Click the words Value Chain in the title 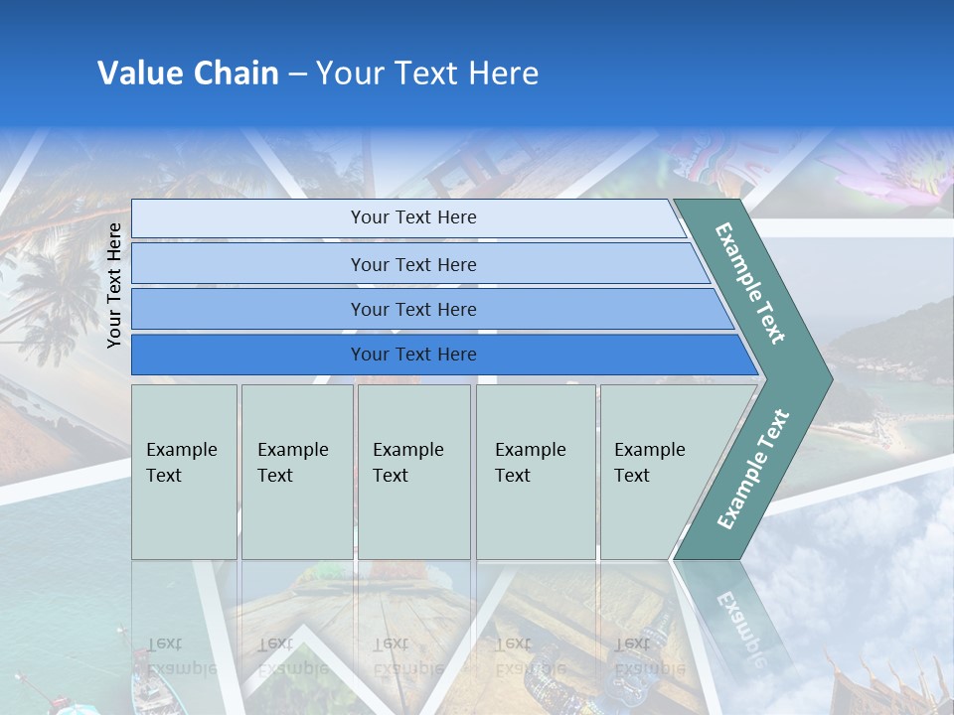188,73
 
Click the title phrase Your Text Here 427,73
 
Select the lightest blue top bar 413,217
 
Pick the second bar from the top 413,264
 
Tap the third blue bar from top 413,309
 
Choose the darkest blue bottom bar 413,355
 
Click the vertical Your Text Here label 114,285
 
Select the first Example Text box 184,471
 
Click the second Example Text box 296,471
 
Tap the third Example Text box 412,471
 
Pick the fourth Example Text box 535,471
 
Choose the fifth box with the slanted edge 656,471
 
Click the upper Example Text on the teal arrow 750,283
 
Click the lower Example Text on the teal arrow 753,469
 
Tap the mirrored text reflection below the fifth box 636,655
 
